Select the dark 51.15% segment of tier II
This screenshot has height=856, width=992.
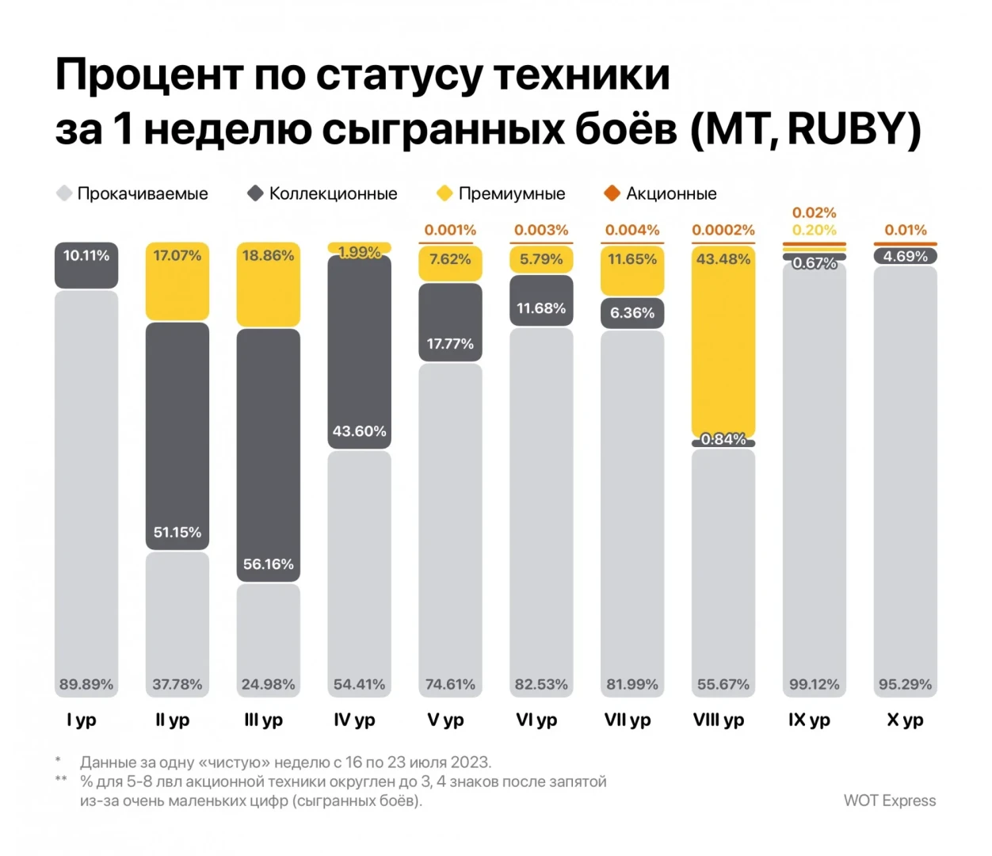[177, 435]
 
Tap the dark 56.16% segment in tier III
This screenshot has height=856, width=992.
[269, 455]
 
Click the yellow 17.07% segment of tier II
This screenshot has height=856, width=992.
[177, 281]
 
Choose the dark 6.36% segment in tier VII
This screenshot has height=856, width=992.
[632, 313]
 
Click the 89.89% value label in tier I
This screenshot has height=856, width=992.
[86, 684]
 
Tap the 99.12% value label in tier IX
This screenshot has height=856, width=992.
[814, 684]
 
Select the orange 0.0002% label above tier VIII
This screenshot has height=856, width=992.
[723, 230]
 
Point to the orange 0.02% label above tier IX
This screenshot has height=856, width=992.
[814, 212]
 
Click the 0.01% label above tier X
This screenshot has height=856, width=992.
[905, 230]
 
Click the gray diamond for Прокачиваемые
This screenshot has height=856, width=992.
[64, 193]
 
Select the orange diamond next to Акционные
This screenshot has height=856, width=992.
[612, 193]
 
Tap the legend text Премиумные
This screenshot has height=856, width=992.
[512, 193]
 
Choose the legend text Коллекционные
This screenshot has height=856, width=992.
[333, 193]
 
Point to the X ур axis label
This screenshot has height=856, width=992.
[905, 720]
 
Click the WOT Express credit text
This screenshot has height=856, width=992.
[889, 801]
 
